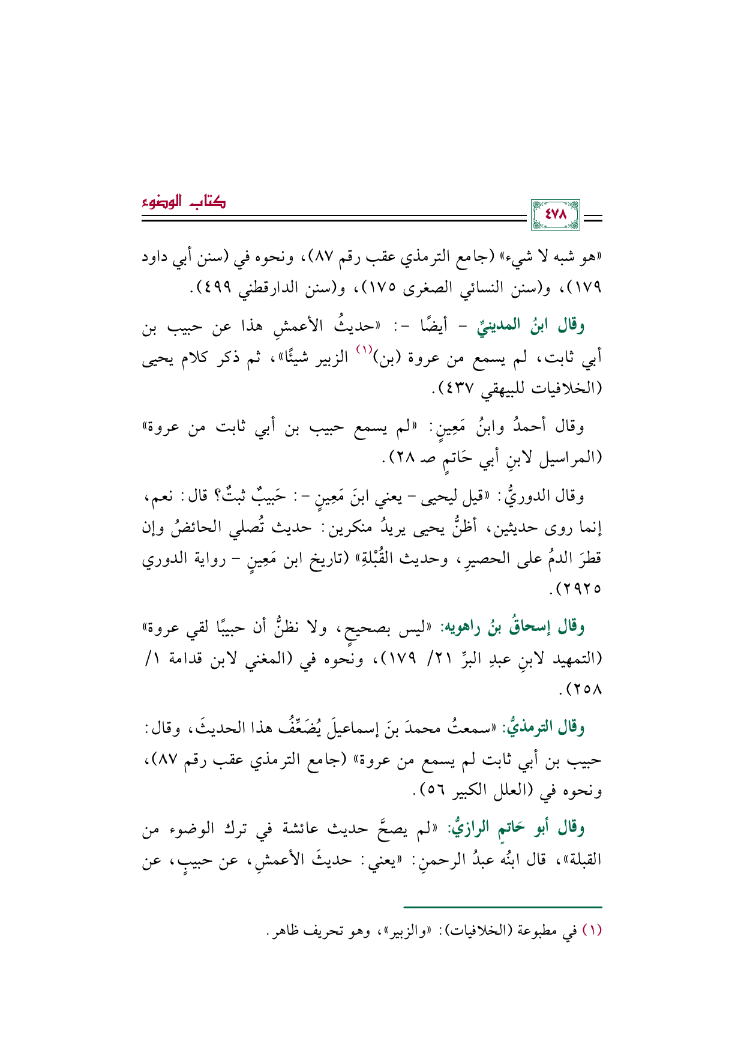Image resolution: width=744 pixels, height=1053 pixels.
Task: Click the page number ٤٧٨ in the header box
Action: tap(555, 215)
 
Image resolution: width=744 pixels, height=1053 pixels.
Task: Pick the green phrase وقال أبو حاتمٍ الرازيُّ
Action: tap(520, 828)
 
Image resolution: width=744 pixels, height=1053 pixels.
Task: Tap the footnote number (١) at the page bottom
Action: tap(592, 931)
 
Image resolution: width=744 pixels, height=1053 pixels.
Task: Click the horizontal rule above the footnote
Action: tap(502, 907)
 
